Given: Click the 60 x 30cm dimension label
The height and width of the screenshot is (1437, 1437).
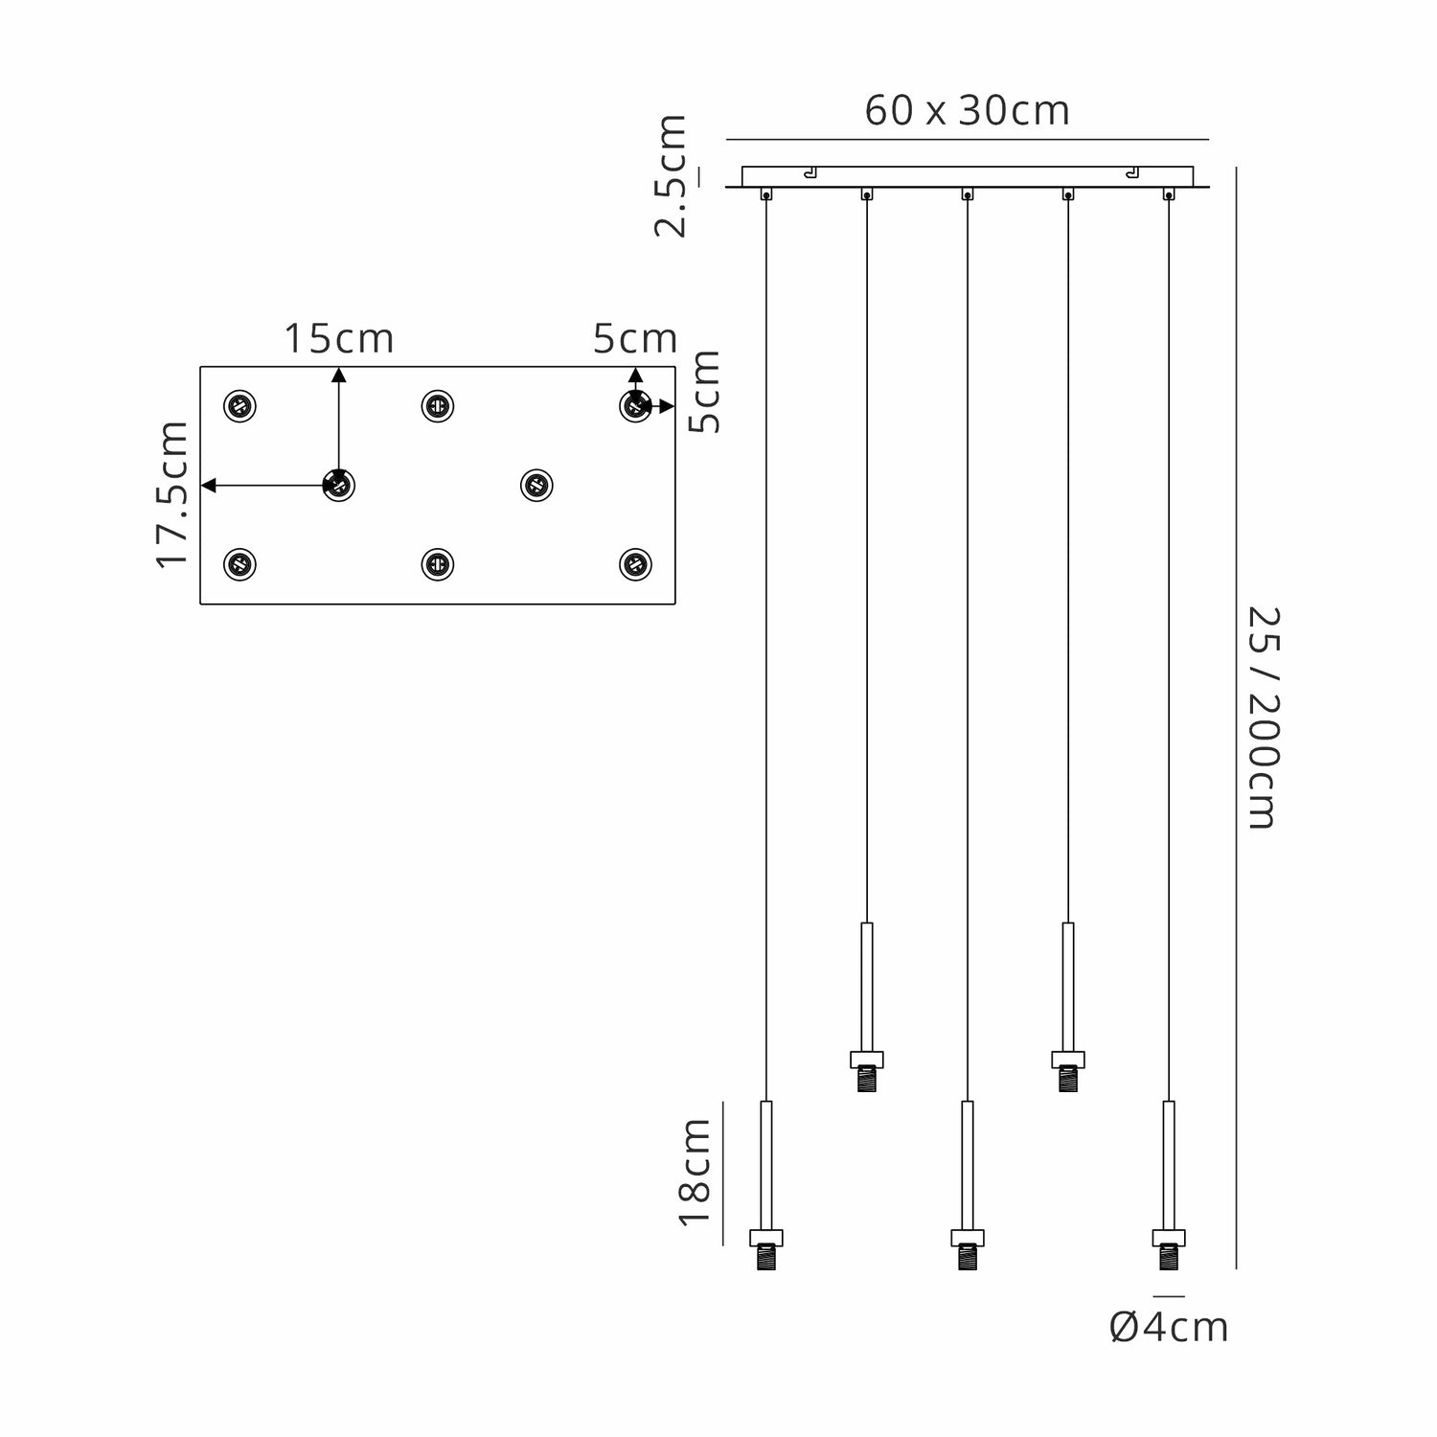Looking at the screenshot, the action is point(967,111).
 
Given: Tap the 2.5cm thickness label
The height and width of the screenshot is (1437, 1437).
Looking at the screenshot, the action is point(670,175).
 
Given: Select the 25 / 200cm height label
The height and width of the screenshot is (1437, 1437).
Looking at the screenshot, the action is point(1262,718).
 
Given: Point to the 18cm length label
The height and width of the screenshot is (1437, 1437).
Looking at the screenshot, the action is point(695,1172).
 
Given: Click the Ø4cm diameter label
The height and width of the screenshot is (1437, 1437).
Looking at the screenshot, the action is point(1169,1328).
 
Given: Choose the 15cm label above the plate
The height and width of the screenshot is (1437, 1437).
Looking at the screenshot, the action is point(338,339).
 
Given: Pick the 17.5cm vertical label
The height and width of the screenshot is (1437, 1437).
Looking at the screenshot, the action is point(172,494).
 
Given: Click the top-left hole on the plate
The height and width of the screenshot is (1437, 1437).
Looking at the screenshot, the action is point(239,406).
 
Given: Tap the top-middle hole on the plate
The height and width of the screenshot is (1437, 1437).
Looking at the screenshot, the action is point(438,406).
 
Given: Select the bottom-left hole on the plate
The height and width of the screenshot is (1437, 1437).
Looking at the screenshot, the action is point(239,564).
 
